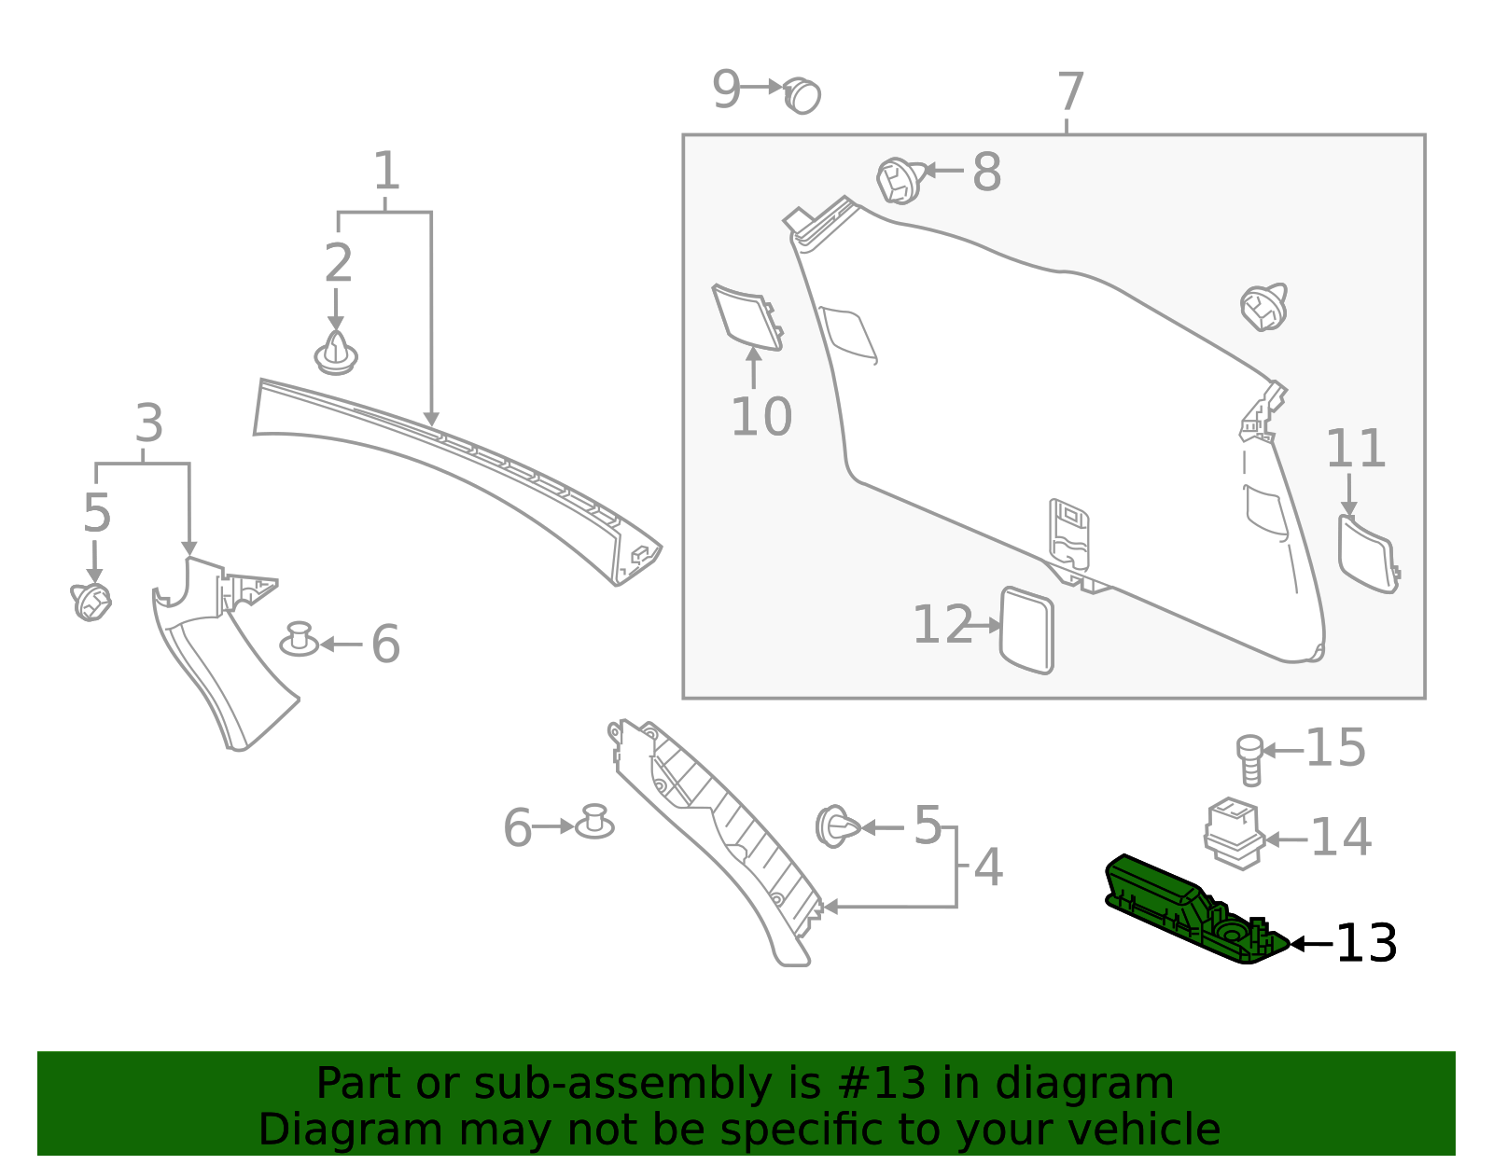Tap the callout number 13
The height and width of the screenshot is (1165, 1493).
coord(1366,944)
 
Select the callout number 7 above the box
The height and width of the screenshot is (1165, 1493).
coord(1070,92)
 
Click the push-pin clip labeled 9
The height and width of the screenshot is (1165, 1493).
coord(802,95)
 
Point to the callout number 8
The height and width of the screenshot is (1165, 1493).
coord(986,173)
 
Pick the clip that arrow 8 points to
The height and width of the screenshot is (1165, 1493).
coord(899,180)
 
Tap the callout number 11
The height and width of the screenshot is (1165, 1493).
coord(1356,450)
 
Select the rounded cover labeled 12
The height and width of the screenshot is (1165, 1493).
coord(1026,630)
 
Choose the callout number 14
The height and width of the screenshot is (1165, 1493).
coord(1341,837)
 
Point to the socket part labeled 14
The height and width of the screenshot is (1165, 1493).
coord(1233,832)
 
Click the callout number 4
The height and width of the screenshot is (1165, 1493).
coord(988,868)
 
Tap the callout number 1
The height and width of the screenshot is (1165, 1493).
coord(386,172)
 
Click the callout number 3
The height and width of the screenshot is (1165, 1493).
coord(149,424)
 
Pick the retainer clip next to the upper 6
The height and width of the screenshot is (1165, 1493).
coord(300,639)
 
